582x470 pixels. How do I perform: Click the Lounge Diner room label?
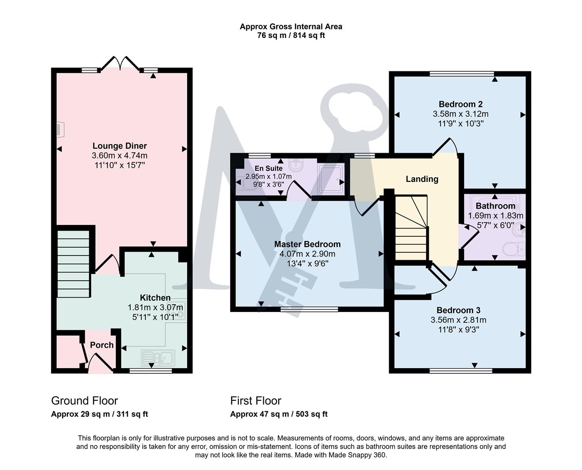tap(119, 146)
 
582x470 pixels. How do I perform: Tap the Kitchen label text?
tap(155, 298)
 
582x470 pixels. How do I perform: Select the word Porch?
tap(101, 345)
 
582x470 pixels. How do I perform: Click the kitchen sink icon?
tap(158, 358)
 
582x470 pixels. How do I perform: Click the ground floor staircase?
tap(73, 263)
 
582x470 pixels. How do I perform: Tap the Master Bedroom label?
tap(307, 244)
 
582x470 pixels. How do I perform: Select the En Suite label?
tap(269, 168)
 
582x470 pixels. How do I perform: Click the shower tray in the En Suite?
tap(331, 177)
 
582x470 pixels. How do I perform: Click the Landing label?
tap(422, 179)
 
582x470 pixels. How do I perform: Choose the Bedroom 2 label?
tap(461, 104)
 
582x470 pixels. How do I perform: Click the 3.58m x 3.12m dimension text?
tap(461, 114)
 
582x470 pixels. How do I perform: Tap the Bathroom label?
tap(495, 206)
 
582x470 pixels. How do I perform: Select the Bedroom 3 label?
tap(458, 310)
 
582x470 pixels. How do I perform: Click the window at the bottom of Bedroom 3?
tap(461, 371)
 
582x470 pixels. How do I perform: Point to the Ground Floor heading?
tap(84, 401)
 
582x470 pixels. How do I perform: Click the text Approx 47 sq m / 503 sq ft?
tap(279, 414)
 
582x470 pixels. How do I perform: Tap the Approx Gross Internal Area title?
tap(291, 27)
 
